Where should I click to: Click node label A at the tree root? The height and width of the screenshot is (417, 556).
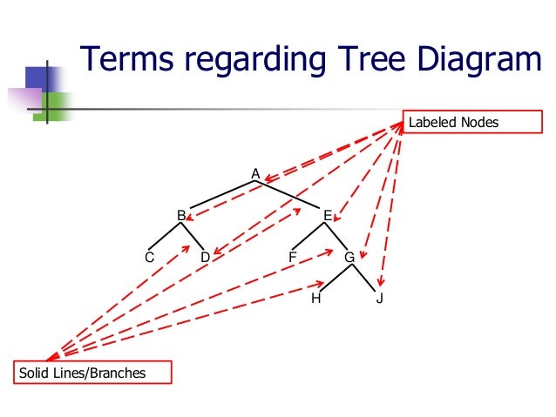[255, 174]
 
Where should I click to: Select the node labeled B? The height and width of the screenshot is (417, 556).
[181, 215]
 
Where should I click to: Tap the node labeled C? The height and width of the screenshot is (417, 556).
[150, 258]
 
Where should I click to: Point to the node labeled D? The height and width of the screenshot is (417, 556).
[205, 258]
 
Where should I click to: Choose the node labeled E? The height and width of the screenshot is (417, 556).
[328, 215]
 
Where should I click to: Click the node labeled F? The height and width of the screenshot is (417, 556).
[293, 258]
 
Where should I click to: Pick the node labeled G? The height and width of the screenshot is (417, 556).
[349, 258]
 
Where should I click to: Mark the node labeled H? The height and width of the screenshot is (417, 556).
[315, 299]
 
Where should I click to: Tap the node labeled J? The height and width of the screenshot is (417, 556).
[381, 299]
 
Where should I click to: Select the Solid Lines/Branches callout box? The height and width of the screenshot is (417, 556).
[92, 373]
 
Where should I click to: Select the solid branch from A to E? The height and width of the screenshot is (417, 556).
[289, 196]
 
